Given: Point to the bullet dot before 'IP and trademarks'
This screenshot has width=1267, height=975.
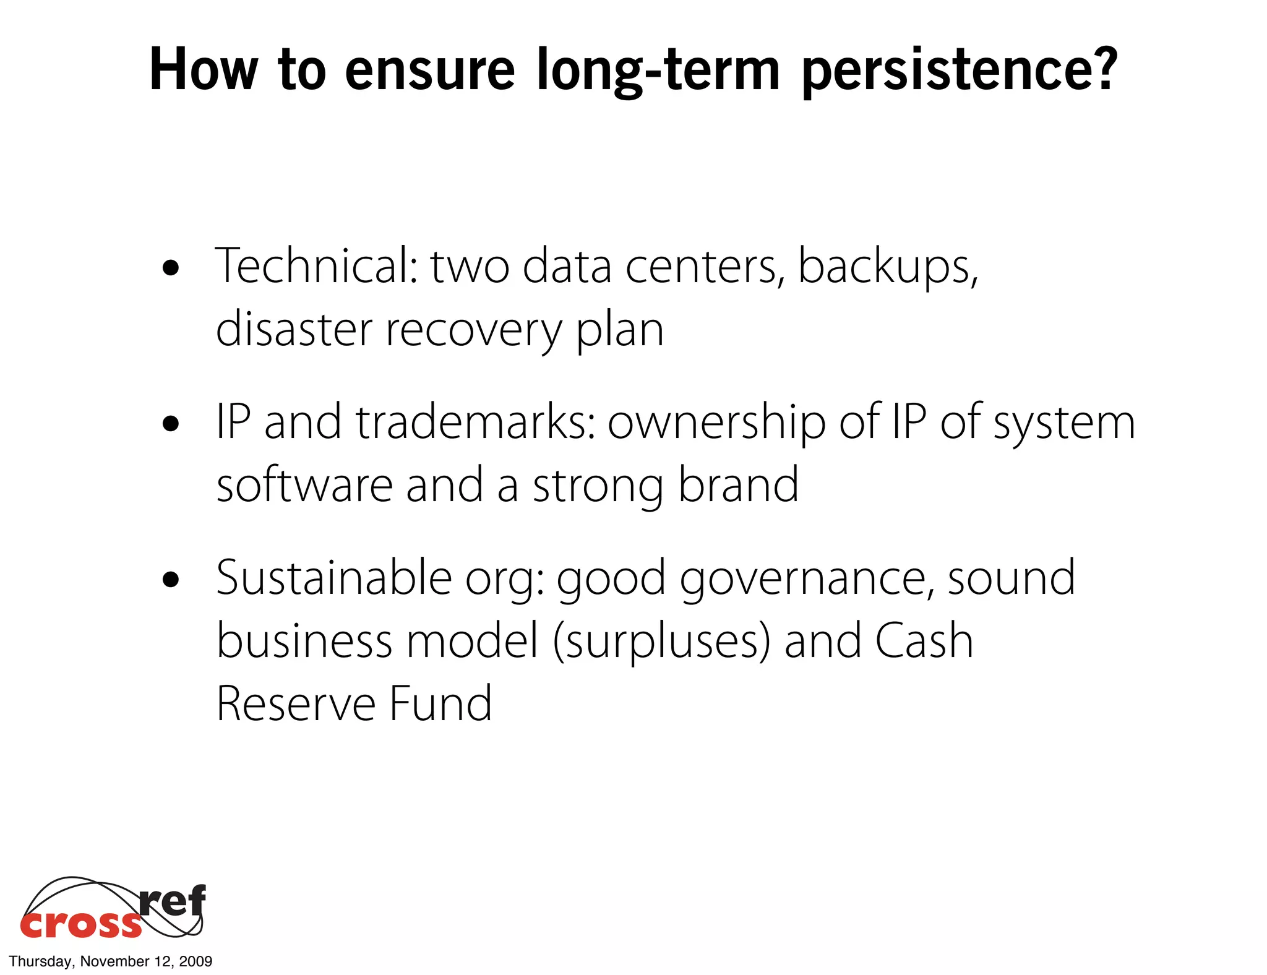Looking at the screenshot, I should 170,424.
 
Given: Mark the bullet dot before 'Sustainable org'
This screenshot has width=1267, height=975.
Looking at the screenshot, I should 170,580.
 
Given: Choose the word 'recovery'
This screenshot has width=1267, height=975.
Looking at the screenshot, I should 473,331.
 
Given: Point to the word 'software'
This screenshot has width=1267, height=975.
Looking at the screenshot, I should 304,485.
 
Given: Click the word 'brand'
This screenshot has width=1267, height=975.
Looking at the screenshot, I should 738,485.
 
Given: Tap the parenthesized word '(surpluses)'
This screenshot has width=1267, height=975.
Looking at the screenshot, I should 661,642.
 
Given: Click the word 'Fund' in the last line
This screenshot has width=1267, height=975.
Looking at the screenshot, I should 440,704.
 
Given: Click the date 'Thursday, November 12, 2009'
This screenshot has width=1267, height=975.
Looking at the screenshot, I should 111,961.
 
